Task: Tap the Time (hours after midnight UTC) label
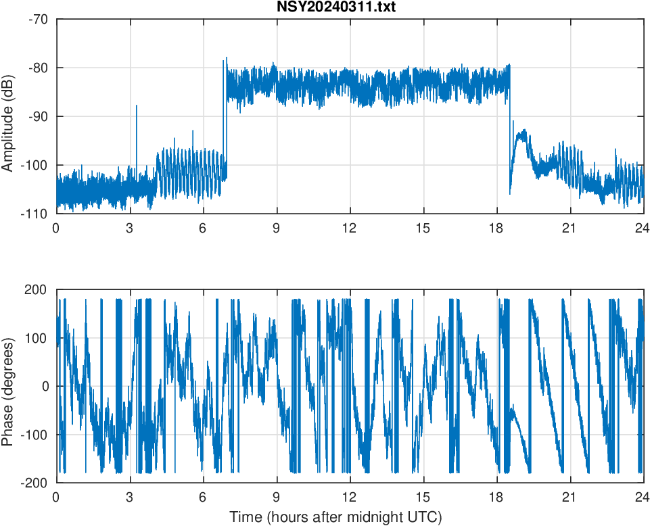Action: (x=335, y=518)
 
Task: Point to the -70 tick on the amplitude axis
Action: (x=39, y=19)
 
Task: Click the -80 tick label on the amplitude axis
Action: (x=39, y=68)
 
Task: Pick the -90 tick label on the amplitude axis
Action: (x=39, y=116)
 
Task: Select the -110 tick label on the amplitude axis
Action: (x=36, y=214)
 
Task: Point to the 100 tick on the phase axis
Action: (x=37, y=338)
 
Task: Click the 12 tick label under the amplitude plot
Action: (x=350, y=228)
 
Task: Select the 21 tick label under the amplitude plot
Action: (x=570, y=228)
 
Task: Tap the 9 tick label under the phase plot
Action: (x=276, y=496)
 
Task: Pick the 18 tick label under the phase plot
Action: (x=496, y=496)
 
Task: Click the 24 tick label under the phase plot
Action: (x=643, y=496)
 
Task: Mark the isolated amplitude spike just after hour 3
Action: (x=137, y=106)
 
